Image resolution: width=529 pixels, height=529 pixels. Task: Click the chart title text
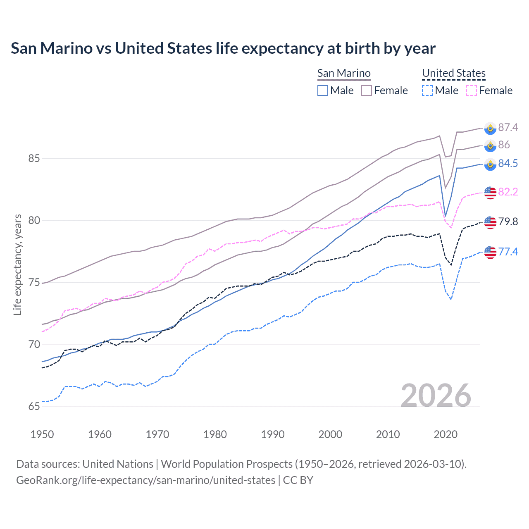223,48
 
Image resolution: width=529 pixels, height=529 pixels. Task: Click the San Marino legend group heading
344,73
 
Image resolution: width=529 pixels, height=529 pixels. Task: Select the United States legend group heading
453,73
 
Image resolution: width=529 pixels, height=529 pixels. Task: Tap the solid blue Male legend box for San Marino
323,91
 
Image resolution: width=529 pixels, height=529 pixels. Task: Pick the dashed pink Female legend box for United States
472,91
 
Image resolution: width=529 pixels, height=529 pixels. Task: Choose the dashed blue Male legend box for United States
427,91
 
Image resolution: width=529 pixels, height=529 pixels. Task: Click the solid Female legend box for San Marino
367,91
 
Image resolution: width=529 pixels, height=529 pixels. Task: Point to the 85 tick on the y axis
34,158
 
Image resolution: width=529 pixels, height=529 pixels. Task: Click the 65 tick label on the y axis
34,407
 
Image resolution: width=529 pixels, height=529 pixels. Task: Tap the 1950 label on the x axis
42,434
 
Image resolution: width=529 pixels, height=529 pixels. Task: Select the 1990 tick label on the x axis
273,434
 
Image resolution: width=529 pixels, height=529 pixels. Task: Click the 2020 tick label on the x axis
446,434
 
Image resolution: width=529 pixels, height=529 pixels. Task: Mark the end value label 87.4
508,127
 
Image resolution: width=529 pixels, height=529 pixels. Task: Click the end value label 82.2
508,192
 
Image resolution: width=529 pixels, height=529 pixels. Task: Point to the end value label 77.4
508,252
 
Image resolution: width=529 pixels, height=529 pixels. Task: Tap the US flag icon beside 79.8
490,222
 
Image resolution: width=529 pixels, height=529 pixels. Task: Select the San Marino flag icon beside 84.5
490,164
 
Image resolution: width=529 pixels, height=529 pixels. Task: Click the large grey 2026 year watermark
436,396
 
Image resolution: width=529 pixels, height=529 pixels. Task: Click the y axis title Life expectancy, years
18,264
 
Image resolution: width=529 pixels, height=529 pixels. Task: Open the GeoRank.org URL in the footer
145,480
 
